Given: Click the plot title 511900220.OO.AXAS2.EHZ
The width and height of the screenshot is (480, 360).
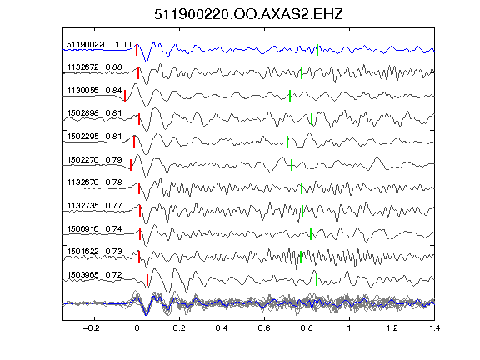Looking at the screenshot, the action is [248, 14].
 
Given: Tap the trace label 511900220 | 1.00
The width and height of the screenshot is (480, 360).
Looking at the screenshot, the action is [99, 45].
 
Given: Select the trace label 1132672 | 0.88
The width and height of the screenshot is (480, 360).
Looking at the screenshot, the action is [94, 67].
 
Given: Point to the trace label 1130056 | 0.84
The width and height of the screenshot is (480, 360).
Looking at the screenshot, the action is [94, 90].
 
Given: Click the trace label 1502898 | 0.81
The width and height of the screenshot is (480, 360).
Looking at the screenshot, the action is [94, 113].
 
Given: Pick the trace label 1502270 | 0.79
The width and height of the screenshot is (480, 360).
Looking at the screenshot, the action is [94, 159].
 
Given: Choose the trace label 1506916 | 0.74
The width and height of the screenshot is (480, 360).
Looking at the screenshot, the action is [94, 228].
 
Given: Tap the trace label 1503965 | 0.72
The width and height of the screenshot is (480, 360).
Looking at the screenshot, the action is [94, 275].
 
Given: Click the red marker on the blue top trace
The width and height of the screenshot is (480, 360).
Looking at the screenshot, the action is [137, 50].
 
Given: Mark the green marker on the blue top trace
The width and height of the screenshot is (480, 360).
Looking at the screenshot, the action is [317, 50].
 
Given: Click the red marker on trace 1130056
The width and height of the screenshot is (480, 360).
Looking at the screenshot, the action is [125, 96].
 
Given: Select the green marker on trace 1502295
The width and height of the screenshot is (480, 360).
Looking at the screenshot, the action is [287, 142].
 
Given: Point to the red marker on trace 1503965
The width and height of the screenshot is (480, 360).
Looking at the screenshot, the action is [147, 280].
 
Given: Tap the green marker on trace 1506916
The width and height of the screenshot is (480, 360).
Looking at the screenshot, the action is [311, 234].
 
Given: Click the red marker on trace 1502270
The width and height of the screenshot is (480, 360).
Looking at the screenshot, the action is [131, 165].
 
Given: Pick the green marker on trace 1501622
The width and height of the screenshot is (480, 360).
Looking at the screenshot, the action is [301, 257].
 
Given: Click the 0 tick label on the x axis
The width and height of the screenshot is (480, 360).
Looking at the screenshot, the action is [137, 328].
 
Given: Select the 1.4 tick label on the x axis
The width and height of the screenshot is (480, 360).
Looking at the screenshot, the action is [435, 328].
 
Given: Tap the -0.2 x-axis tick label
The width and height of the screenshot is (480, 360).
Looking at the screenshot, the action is [91, 328].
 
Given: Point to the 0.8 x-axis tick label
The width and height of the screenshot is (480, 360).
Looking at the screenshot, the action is [307, 328].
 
